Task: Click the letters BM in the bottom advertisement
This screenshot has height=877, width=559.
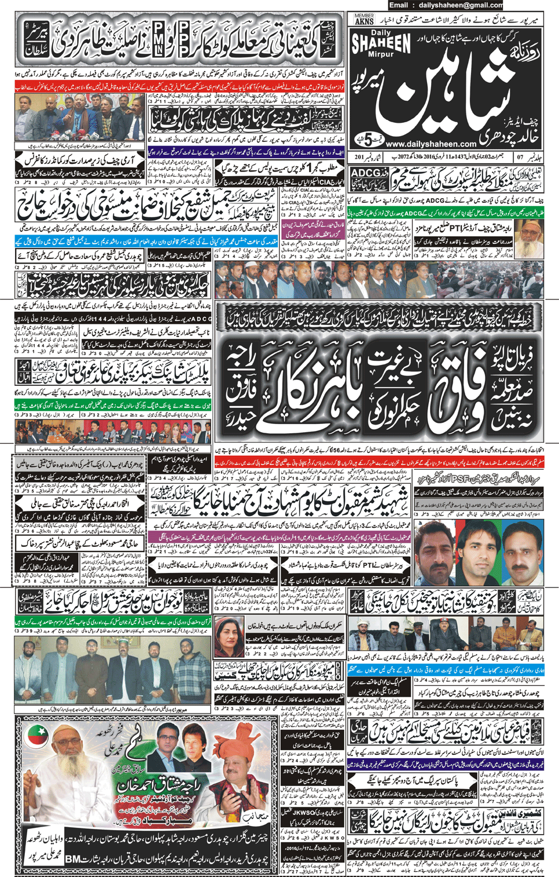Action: point(72,858)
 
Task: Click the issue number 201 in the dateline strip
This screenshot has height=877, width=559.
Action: point(360,157)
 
